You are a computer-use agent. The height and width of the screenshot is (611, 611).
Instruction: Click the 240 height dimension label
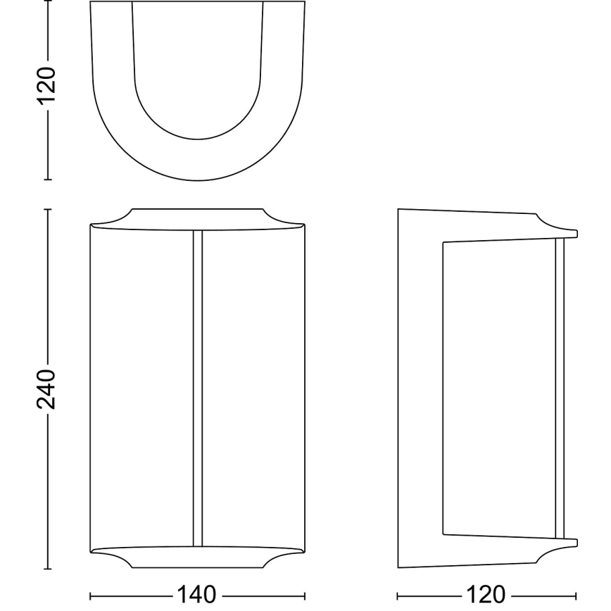pos(46,388)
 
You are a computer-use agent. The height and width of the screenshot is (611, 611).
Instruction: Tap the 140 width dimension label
pos(197,595)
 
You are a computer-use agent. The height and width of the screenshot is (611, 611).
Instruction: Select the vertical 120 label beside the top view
pos(46,86)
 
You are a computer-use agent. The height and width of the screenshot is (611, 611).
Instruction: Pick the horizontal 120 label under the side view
pos(487,595)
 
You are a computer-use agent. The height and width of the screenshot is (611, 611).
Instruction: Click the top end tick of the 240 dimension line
pos(47,209)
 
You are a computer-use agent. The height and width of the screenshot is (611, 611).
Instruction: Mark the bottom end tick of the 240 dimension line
pos(47,567)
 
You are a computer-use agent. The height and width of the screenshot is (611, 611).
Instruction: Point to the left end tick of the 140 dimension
pos(91,595)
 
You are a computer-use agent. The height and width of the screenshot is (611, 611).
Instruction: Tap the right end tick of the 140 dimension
pos(305,595)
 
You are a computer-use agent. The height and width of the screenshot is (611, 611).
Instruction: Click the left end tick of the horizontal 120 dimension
pos(398,595)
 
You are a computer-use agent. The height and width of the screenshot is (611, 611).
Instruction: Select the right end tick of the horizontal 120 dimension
pos(577,595)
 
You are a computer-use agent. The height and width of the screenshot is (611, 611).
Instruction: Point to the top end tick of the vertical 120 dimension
pos(47,2)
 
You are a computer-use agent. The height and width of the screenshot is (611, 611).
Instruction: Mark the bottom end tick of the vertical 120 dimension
pos(47,180)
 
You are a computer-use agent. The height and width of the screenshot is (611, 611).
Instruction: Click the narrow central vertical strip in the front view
pos(198,387)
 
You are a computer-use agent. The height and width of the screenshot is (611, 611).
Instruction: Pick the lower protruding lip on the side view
pos(563,543)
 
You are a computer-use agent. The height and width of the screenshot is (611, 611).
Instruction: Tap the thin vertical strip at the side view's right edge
pos(560,387)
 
